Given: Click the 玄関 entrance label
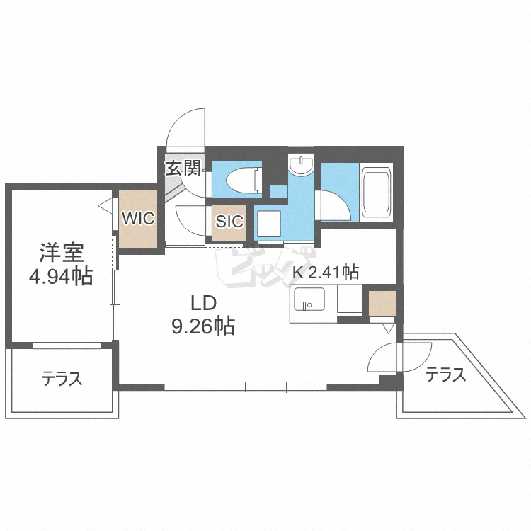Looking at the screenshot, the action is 183,169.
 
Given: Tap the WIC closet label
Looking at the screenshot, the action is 138,218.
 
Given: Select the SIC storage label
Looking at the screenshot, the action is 229,222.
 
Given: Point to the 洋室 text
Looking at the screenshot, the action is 62,253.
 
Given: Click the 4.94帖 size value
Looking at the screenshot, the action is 61,276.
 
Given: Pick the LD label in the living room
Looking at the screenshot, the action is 203,303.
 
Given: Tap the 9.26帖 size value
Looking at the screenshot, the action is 203,326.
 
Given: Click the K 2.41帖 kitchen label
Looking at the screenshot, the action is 326,272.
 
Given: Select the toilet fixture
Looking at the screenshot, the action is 244,180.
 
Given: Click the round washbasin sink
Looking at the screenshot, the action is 301,165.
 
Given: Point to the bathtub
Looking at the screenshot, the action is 377,192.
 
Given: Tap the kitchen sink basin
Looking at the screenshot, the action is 309,299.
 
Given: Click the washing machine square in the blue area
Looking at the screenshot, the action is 269,224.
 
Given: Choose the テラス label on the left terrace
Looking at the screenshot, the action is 62,379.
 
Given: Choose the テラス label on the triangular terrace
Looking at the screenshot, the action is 445,375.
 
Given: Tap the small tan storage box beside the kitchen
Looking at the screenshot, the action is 382,304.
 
